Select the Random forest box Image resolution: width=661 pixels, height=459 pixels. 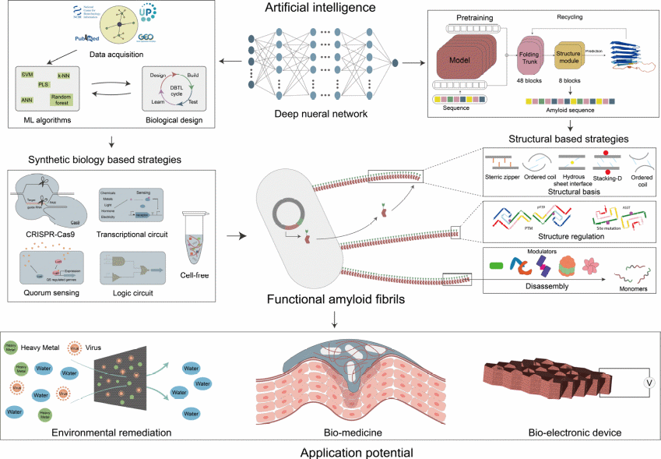coord(62,98)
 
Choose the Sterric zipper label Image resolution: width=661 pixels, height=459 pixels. coord(501,178)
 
